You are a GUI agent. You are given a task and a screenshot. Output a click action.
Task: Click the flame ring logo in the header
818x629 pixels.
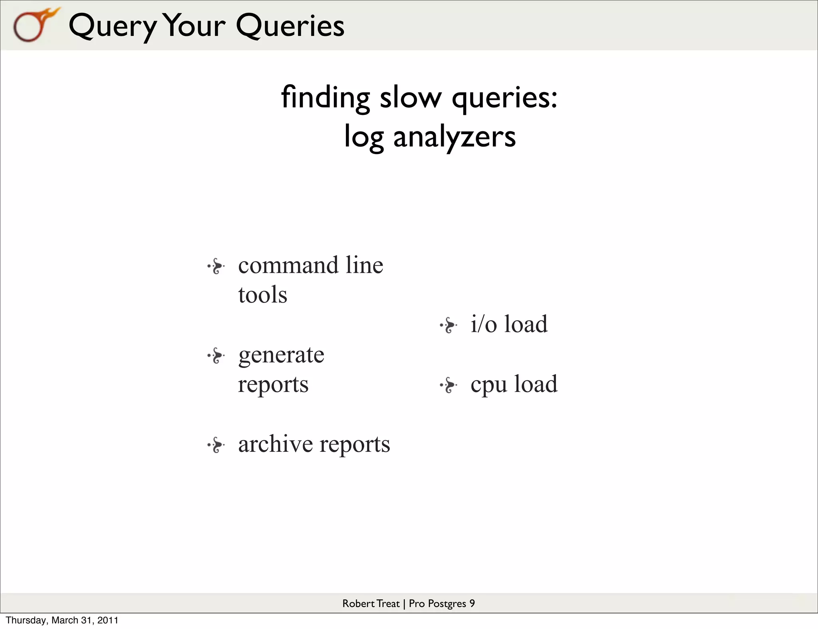pos(34,25)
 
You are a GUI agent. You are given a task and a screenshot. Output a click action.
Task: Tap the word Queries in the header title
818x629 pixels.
pos(290,26)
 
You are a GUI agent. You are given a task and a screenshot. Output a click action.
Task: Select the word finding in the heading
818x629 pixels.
pos(325,98)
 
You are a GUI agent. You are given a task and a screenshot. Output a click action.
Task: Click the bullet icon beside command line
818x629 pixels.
pos(216,266)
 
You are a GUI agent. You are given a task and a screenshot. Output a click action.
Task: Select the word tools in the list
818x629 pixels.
pos(262,295)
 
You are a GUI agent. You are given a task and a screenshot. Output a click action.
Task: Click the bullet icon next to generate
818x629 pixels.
pos(216,356)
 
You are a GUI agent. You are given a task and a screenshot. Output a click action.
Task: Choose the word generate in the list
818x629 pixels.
pos(281,355)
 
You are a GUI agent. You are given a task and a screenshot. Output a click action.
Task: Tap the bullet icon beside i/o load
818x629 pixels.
pos(449,325)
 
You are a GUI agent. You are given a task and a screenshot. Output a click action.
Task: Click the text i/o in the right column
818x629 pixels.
pos(483,324)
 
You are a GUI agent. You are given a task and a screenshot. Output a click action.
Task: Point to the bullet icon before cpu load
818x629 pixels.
pos(449,385)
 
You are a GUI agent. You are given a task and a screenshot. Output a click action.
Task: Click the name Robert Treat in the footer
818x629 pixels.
pos(371,603)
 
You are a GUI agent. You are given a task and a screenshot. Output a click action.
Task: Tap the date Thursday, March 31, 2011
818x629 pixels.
pos(62,620)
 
